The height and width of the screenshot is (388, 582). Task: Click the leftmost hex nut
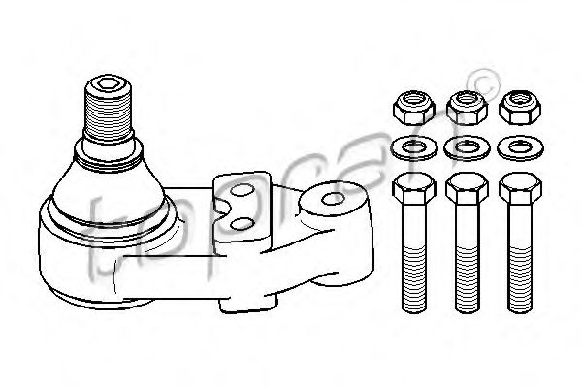[x=413, y=108]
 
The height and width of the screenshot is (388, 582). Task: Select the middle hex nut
[x=467, y=108]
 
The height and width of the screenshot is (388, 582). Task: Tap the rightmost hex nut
[x=520, y=108]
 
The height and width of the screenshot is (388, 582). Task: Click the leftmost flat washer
[x=414, y=147]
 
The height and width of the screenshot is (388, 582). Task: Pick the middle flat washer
[x=467, y=147]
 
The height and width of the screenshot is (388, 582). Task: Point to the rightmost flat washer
[x=520, y=147]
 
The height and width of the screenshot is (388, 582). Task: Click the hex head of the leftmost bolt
[x=414, y=188]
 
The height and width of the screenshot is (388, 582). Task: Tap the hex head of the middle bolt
[x=468, y=188]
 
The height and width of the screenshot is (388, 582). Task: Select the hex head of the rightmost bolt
[x=520, y=188]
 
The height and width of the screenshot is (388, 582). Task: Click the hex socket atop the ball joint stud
[x=109, y=85]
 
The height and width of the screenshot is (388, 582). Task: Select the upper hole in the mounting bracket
[x=242, y=190]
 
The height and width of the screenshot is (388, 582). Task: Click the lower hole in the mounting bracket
[x=242, y=223]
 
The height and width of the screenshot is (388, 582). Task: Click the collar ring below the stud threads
[x=109, y=151]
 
